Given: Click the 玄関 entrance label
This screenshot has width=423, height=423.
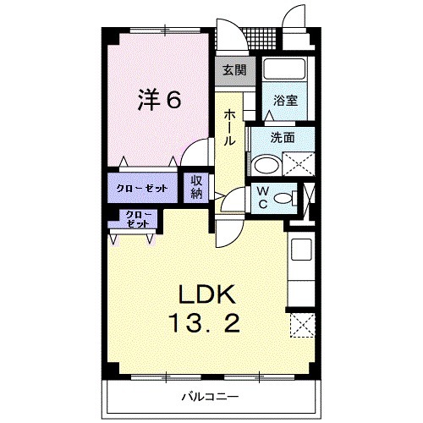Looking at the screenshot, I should point(233,71).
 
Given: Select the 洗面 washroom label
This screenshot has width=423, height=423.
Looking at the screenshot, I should point(283,137).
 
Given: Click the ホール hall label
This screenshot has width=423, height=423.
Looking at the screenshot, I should point(229,127).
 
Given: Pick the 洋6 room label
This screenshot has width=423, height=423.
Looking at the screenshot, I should point(159,101).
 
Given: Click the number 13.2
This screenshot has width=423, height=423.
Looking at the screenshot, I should point(207,322).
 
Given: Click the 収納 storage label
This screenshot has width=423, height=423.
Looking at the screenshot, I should point(196,186).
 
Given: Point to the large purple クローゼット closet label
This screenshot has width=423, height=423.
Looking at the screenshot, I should point(142,187).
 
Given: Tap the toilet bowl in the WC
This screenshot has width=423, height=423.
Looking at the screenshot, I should point(288,198).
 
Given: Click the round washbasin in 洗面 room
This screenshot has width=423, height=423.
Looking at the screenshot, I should point(266,163).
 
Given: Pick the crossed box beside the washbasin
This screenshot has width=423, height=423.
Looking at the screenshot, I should point(299,162).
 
